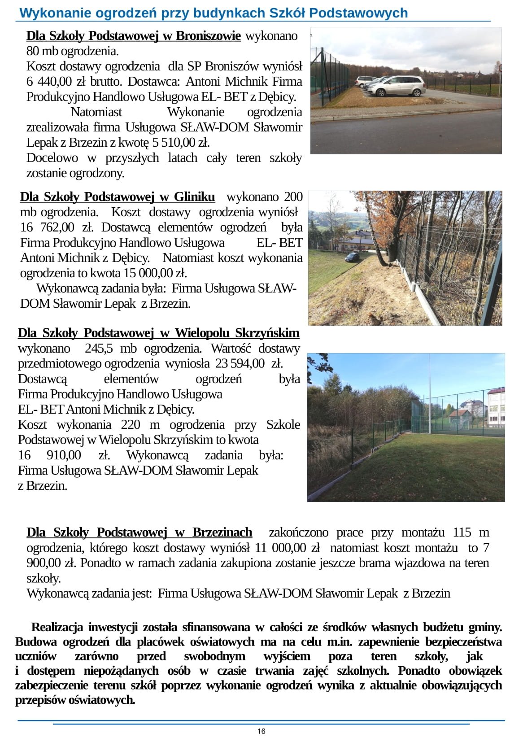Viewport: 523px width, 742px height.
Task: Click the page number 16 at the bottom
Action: [x=261, y=731]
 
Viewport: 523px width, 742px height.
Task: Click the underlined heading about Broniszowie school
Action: [x=133, y=36]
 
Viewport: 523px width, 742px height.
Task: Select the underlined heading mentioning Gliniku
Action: [x=117, y=197]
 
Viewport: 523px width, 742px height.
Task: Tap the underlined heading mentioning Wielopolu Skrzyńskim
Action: [x=158, y=333]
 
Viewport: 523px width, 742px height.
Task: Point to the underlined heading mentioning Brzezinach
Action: [x=139, y=532]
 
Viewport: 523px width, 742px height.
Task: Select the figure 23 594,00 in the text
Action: [x=240, y=363]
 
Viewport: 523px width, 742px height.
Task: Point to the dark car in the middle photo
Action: [x=352, y=257]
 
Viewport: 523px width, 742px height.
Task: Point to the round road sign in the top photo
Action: [x=500, y=68]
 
